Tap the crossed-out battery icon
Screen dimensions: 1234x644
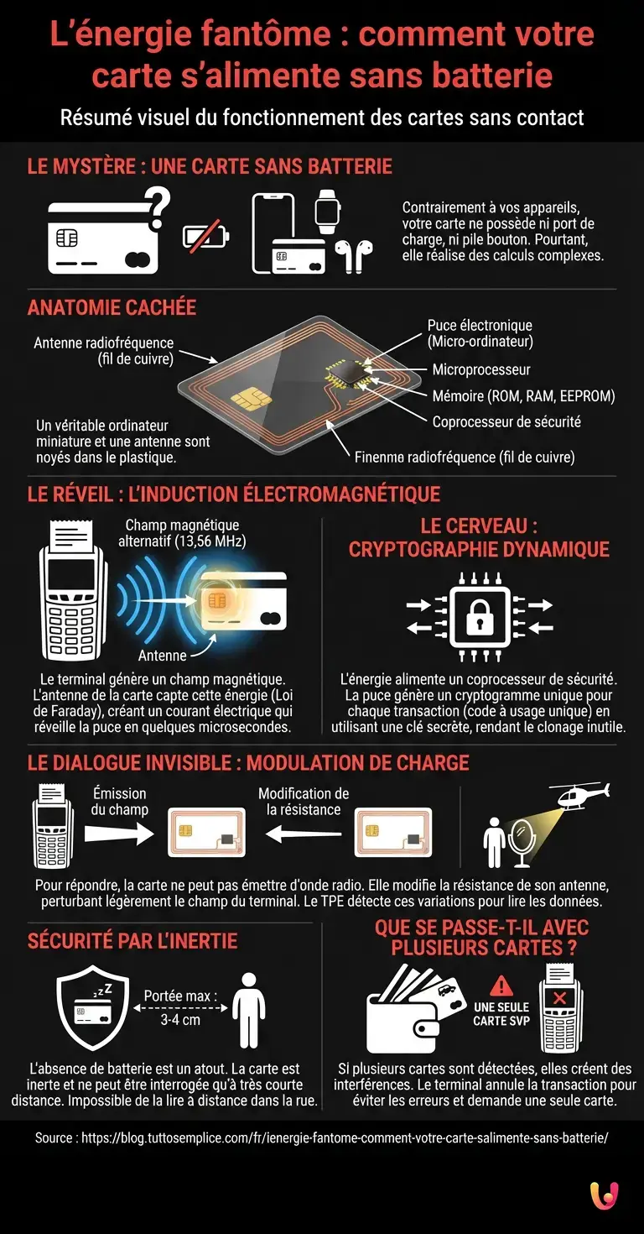(205, 235)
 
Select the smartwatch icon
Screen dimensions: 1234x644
(327, 211)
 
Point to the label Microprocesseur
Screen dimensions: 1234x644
(480, 369)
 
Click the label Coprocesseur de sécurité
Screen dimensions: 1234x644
(506, 421)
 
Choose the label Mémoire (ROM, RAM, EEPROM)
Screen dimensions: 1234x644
(523, 395)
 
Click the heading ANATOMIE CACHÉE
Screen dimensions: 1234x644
(112, 307)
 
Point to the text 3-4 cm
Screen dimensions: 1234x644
(180, 1020)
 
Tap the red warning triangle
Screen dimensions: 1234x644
(501, 986)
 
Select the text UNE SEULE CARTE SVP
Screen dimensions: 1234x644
(501, 1013)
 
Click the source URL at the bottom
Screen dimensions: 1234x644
(321, 1138)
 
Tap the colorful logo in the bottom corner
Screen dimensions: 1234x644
(605, 1195)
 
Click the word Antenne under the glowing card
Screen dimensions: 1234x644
(162, 655)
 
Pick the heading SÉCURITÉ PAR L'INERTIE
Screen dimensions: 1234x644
(132, 941)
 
